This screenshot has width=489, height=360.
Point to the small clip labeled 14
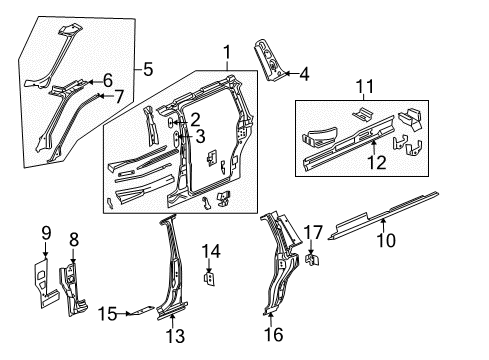[x=209, y=276]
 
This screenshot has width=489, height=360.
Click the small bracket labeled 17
[x=311, y=261]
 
